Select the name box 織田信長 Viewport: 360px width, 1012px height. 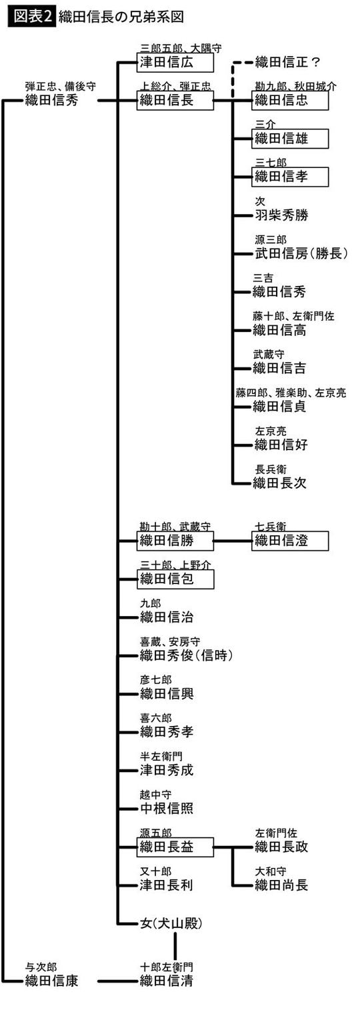coord(175,101)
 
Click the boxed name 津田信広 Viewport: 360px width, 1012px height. coord(175,63)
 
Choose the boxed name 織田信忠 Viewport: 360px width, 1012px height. coord(290,101)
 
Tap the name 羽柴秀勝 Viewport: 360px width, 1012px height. coord(281,215)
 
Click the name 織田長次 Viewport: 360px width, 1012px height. coord(281,483)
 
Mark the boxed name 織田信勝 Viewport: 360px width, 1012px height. coord(175,541)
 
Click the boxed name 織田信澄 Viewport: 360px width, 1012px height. coord(290,541)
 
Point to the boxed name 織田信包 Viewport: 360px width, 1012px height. coord(175,579)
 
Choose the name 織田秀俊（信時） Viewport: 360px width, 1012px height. coord(186,655)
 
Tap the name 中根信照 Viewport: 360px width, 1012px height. coord(166,808)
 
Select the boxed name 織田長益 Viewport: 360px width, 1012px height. coord(175,847)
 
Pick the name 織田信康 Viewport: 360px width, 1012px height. coord(52,980)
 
